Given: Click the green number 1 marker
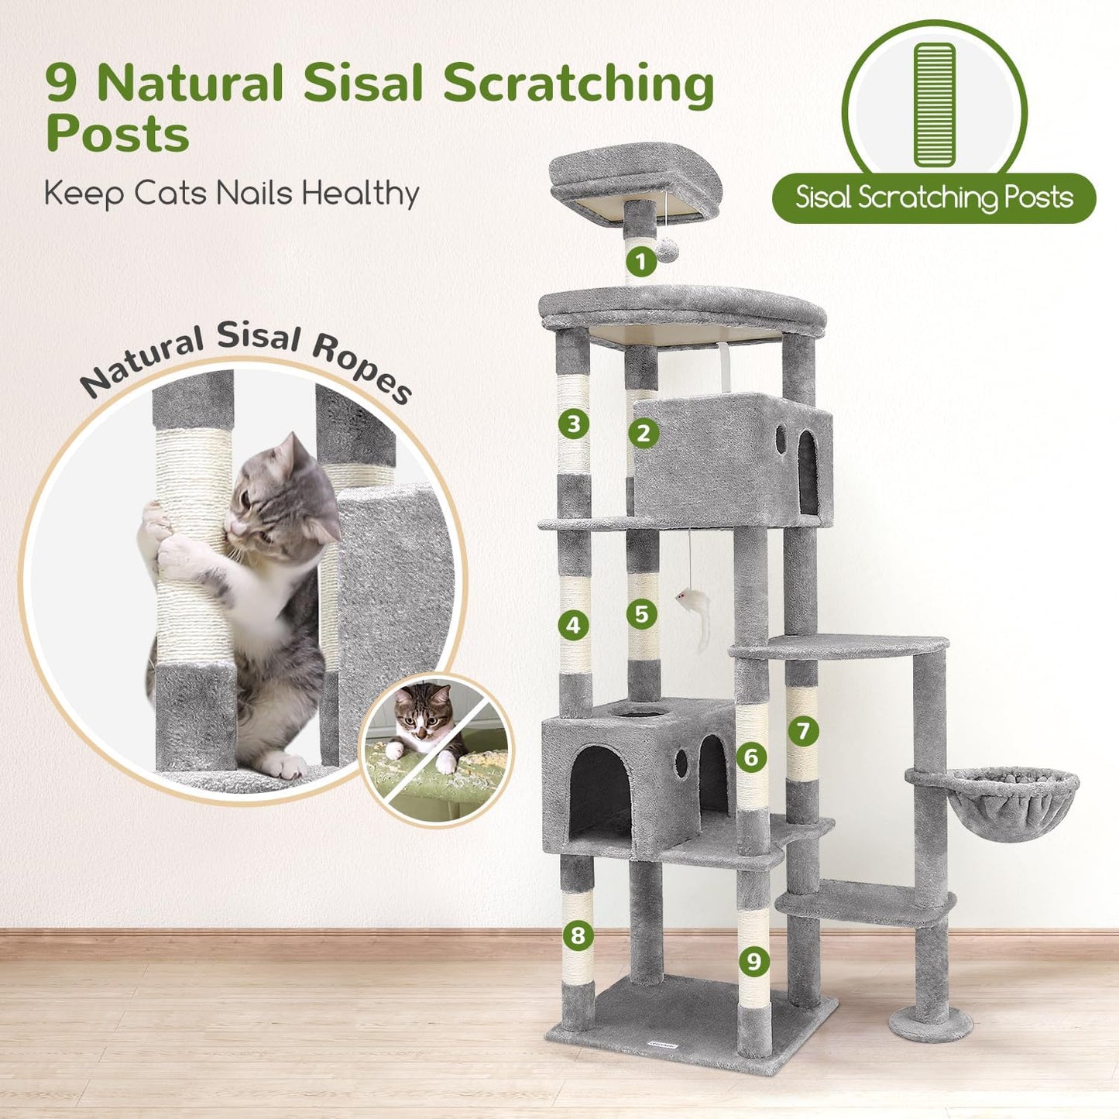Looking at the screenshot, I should click(640, 262).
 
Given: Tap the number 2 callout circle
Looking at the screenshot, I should click(643, 433).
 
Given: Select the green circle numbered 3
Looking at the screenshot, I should click(573, 424).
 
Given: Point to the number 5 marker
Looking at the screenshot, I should click(641, 614).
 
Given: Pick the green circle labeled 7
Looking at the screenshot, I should click(803, 730).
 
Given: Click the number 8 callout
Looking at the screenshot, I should click(578, 935).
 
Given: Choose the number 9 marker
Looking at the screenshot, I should click(753, 961).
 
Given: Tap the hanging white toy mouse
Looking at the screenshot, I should click(694, 604).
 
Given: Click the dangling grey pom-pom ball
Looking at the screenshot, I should click(668, 249).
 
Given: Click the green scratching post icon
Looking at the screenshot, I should click(935, 105).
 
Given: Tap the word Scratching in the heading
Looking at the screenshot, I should click(578, 84).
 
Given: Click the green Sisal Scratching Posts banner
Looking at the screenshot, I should click(934, 198).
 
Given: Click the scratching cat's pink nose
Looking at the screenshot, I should click(230, 527).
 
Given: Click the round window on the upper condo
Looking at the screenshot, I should click(781, 439).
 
